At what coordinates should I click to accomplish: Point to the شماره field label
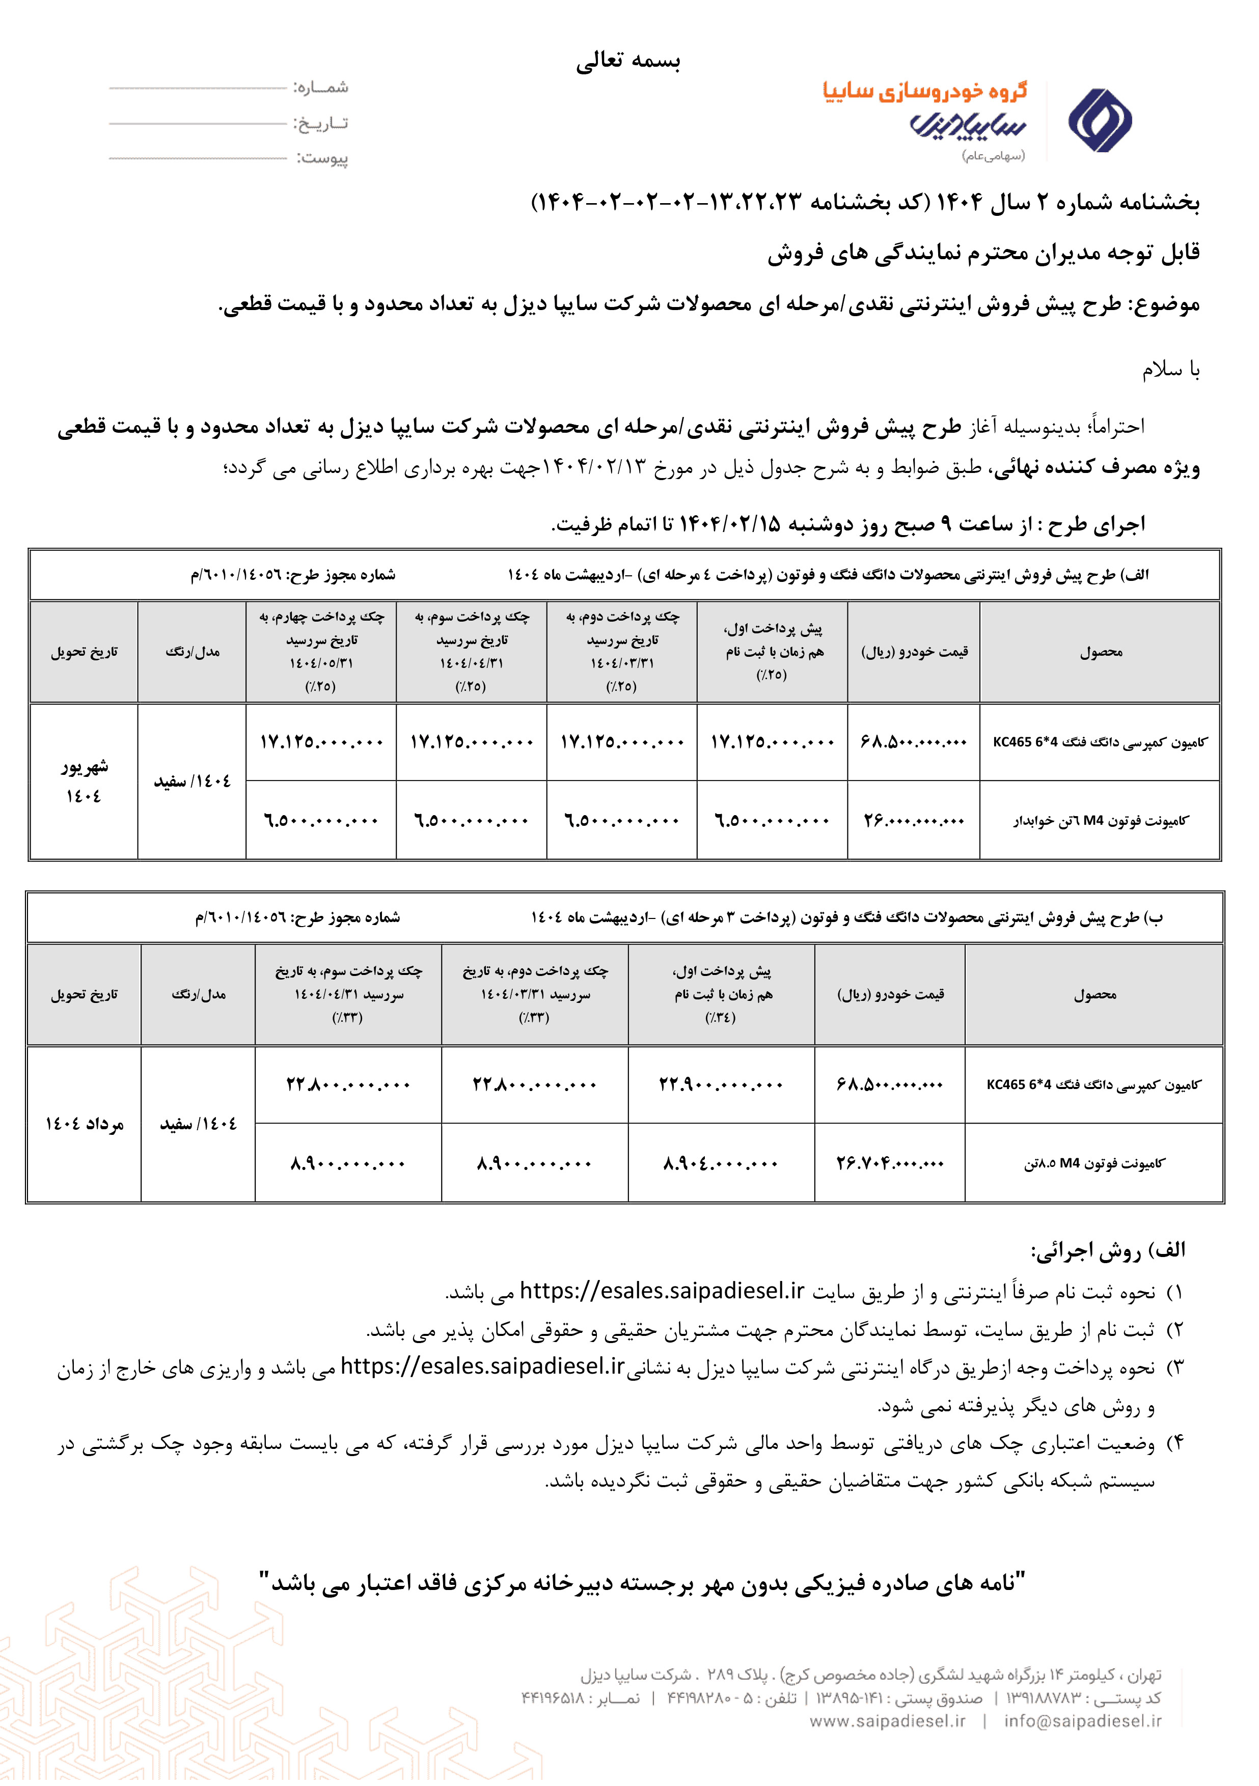tap(320, 87)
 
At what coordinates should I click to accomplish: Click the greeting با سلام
tap(1170, 370)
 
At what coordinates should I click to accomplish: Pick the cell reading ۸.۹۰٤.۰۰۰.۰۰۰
tap(721, 1164)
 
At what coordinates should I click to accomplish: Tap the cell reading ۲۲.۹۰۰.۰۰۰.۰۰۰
tap(721, 1084)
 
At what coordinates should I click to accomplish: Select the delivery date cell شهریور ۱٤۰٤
tap(84, 781)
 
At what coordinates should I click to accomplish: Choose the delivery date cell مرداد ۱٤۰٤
tap(84, 1124)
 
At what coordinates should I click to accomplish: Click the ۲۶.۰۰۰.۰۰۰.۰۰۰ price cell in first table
tap(914, 821)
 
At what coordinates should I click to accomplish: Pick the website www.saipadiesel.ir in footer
tap(887, 1721)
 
